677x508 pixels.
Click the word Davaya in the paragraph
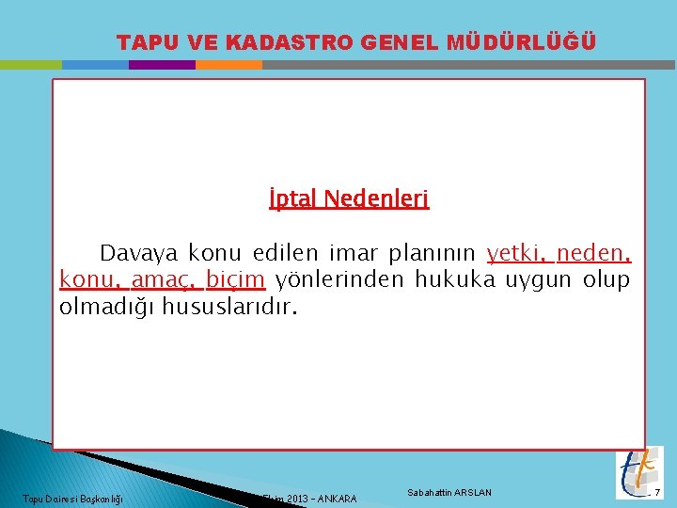139,253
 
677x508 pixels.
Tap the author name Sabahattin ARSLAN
449,493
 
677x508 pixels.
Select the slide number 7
658,493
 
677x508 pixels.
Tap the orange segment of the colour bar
228,65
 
